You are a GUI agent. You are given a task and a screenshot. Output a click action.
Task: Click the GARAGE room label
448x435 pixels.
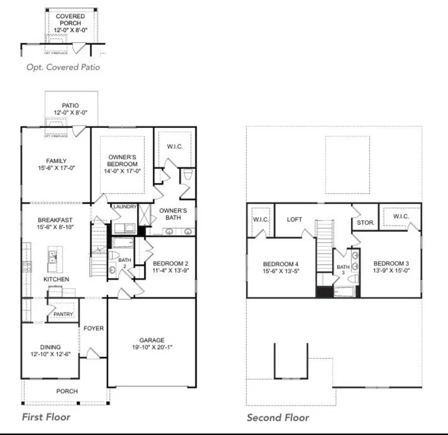click(x=152, y=340)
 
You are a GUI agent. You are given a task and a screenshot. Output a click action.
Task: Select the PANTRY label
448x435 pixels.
click(x=63, y=314)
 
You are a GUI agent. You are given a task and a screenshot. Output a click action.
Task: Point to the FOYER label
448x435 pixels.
click(x=94, y=328)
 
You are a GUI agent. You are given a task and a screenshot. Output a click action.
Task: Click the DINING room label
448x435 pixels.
click(x=51, y=347)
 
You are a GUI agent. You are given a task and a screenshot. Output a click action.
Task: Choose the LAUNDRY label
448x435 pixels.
click(x=124, y=207)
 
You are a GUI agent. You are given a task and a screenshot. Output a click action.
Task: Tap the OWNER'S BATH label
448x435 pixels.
click(x=173, y=214)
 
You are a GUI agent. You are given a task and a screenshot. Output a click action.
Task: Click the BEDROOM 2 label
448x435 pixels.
click(x=170, y=263)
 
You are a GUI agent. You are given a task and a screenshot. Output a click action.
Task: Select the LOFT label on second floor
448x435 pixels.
click(x=294, y=219)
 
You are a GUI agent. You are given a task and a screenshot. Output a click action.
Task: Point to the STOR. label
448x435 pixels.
click(x=365, y=222)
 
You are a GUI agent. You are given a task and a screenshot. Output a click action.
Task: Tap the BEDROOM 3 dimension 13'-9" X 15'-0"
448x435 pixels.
click(x=391, y=271)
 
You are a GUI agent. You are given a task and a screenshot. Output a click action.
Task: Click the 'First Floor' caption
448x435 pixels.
click(x=46, y=417)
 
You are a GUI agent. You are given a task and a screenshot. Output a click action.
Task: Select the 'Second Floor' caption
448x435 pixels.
click(x=278, y=418)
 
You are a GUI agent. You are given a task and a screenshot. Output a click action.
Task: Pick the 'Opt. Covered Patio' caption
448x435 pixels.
click(x=63, y=66)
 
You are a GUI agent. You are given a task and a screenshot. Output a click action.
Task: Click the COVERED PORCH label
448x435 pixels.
click(x=70, y=19)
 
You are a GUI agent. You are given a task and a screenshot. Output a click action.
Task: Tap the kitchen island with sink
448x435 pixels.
click(x=52, y=256)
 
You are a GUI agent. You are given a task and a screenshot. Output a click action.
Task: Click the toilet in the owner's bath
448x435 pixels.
click(x=188, y=175)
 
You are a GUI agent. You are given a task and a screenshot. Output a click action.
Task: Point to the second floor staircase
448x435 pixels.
click(x=324, y=246)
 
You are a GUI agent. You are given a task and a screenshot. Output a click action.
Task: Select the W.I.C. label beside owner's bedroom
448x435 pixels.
click(x=173, y=146)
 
